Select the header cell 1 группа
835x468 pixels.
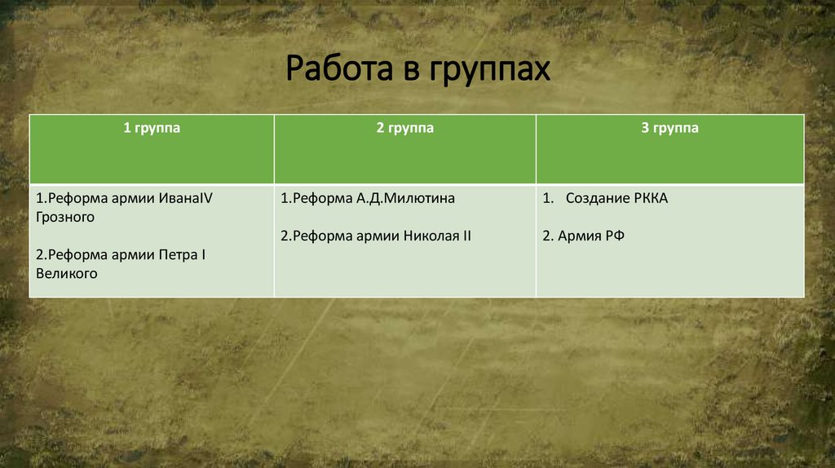point(152,129)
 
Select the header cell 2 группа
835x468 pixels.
point(404,129)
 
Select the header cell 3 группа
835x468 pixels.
point(669,129)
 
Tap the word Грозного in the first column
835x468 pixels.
point(65,218)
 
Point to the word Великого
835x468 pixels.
point(67,274)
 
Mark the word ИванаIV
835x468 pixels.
point(185,198)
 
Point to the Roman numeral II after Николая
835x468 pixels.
point(466,236)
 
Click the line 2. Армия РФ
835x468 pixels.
point(584,236)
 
